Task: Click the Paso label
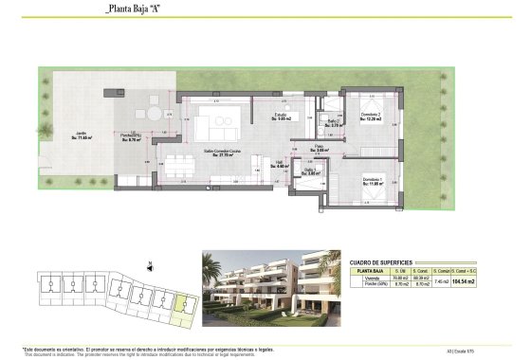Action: [321, 148]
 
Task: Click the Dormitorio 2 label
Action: [372, 117]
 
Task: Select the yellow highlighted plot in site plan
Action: [184, 305]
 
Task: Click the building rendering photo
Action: [270, 286]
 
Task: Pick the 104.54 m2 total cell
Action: [464, 281]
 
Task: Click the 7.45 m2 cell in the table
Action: [440, 281]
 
